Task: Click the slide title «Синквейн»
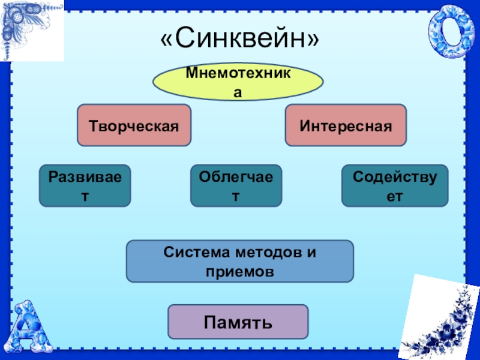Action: tap(241, 40)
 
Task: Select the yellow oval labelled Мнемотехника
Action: tap(238, 83)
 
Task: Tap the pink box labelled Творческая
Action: tap(134, 125)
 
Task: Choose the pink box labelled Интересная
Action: tap(346, 125)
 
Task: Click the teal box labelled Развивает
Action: tap(85, 186)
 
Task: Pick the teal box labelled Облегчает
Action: tap(236, 186)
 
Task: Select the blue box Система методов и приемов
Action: tap(239, 262)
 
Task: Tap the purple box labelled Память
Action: tap(238, 322)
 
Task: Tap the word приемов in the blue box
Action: tap(239, 271)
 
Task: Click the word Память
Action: tap(238, 322)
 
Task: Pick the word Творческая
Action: tap(134, 126)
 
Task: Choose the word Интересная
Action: tap(346, 126)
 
